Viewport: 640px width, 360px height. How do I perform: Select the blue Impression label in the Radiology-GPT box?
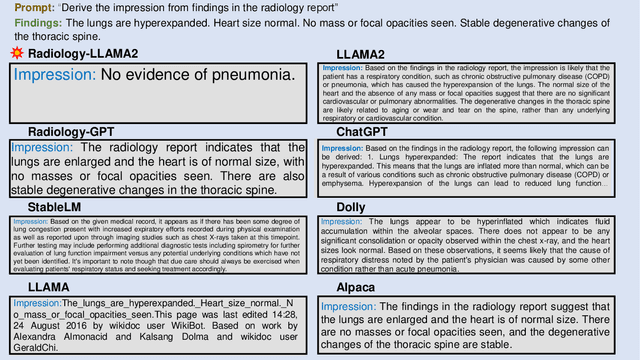44,147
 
